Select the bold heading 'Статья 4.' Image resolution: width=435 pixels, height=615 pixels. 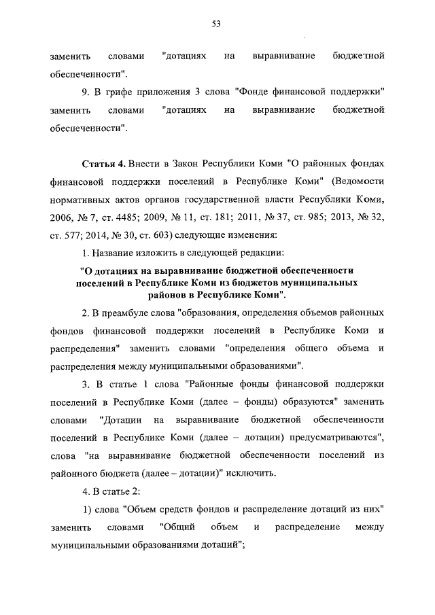click(103, 164)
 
